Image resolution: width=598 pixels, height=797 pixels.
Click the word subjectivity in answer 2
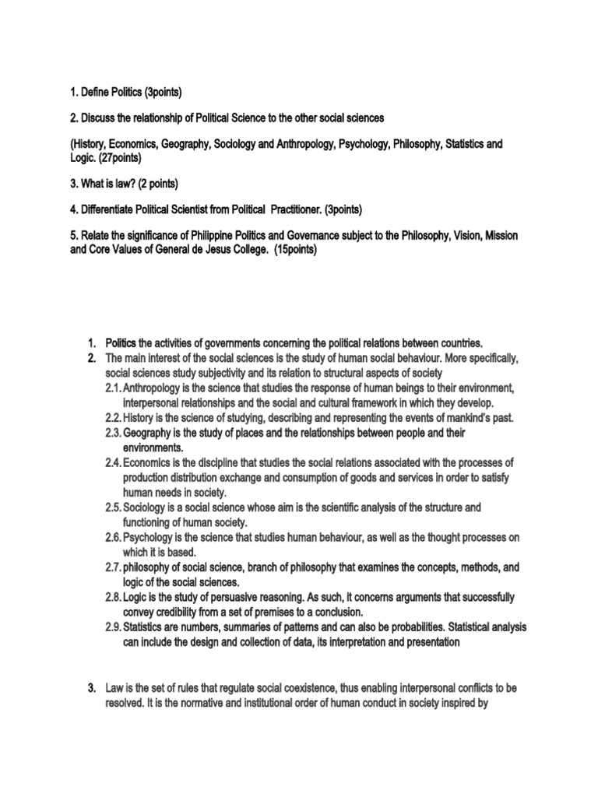pos(206,374)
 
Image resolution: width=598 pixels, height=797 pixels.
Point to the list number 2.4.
pos(113,462)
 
